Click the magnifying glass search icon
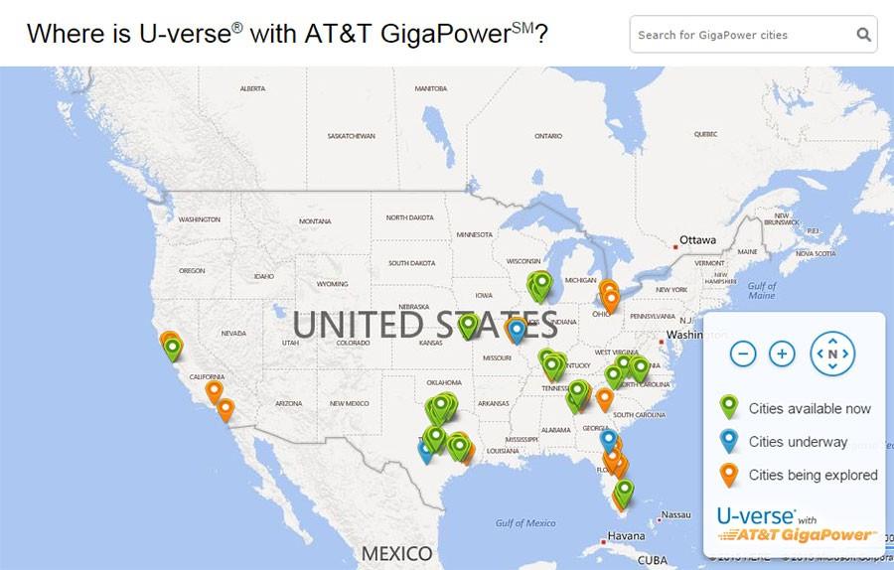[864, 35]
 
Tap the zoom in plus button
[783, 354]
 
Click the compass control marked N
[832, 354]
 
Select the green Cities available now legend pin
[729, 407]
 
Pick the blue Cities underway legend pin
[729, 441]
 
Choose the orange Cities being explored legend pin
[729, 475]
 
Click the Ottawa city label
[697, 240]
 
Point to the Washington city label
[698, 335]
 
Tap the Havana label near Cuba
[626, 537]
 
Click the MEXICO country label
[397, 553]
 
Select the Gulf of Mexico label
[525, 523]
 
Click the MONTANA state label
[315, 220]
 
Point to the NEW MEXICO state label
[349, 403]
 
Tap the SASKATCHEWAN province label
[352, 135]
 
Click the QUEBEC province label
[705, 133]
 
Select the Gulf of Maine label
[762, 290]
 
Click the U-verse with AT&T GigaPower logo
[795, 524]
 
